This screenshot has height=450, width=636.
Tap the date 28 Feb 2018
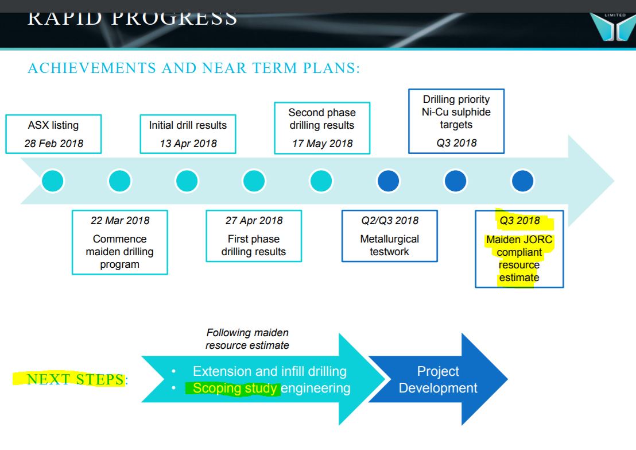click(x=53, y=143)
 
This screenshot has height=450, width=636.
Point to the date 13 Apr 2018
click(x=188, y=143)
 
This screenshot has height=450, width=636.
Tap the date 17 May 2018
click(x=323, y=143)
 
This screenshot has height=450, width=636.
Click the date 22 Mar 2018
click(x=120, y=221)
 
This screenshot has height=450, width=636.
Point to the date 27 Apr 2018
click(x=254, y=221)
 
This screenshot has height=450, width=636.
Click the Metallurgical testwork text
click(x=389, y=245)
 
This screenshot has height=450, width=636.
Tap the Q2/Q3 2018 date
click(x=390, y=221)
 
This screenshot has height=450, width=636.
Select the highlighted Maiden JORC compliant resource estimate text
click(x=519, y=258)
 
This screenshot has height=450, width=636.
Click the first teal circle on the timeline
click(x=53, y=180)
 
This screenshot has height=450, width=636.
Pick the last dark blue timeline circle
click(x=522, y=180)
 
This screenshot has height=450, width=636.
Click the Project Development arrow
click(x=438, y=379)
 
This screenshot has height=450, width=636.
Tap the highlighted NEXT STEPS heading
click(x=75, y=379)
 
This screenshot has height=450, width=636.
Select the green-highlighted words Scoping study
click(x=235, y=389)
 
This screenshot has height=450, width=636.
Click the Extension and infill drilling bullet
click(x=270, y=371)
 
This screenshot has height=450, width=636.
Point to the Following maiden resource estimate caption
click(x=247, y=339)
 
